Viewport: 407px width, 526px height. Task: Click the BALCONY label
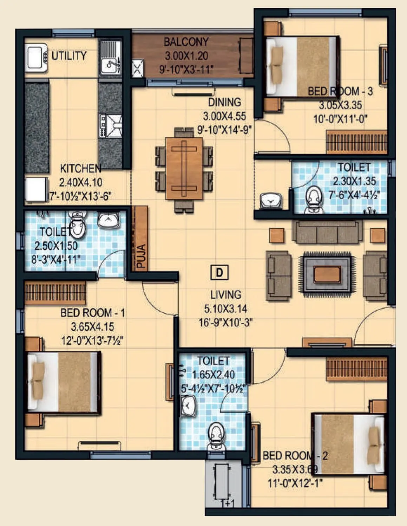coord(186,42)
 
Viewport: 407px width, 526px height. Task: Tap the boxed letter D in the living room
coord(219,272)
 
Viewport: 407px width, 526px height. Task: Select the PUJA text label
coord(141,256)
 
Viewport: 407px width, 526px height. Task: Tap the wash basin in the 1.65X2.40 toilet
coord(189,406)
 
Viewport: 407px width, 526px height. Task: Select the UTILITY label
coord(69,56)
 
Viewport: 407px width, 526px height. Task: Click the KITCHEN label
coord(80,169)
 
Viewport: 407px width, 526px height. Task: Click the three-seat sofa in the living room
coord(327,232)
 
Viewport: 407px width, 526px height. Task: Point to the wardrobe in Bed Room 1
coord(55,292)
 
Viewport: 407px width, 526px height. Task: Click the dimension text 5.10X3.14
coord(225,309)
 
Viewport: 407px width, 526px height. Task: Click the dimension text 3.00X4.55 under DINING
coord(224,116)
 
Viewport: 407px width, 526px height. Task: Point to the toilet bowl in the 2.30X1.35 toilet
coord(312,199)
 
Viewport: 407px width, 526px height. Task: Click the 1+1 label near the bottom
coord(228,504)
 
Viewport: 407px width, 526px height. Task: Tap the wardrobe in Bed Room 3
coord(356,142)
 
